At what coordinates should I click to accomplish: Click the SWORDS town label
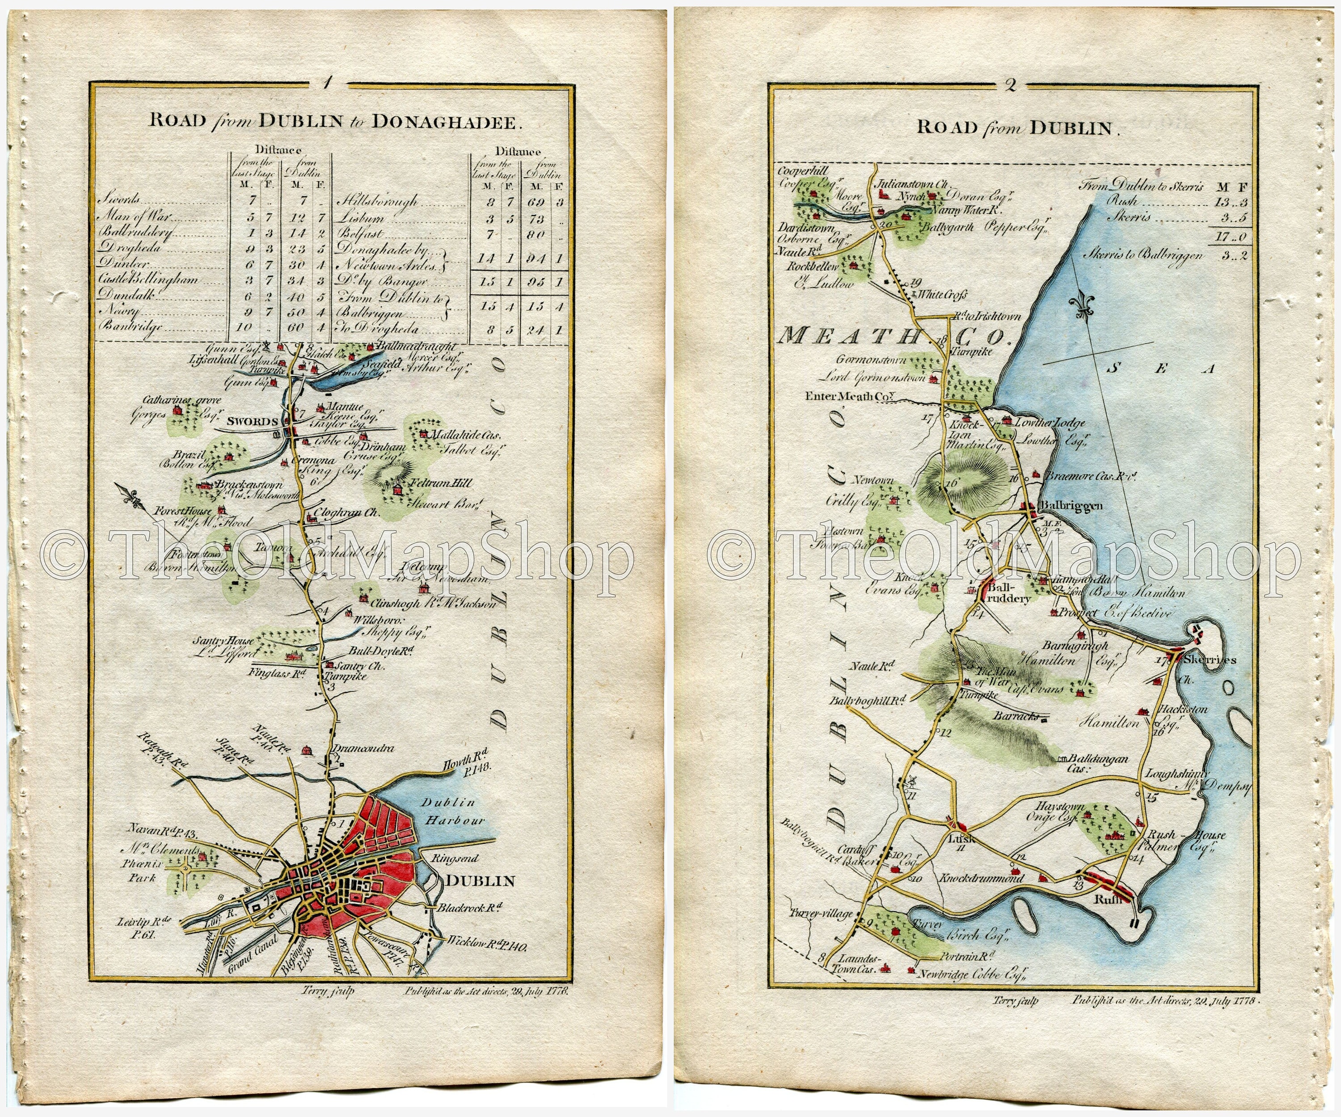(252, 422)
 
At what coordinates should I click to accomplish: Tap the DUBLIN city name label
(480, 881)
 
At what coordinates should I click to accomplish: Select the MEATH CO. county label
(894, 335)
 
